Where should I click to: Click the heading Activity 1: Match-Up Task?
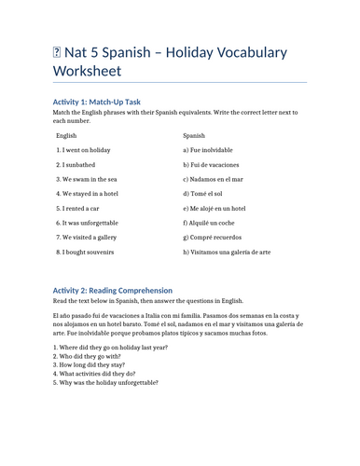(x=97, y=101)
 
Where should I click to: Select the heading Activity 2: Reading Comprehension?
(x=124, y=291)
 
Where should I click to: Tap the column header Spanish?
(x=194, y=136)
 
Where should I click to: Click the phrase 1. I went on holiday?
(x=84, y=150)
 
